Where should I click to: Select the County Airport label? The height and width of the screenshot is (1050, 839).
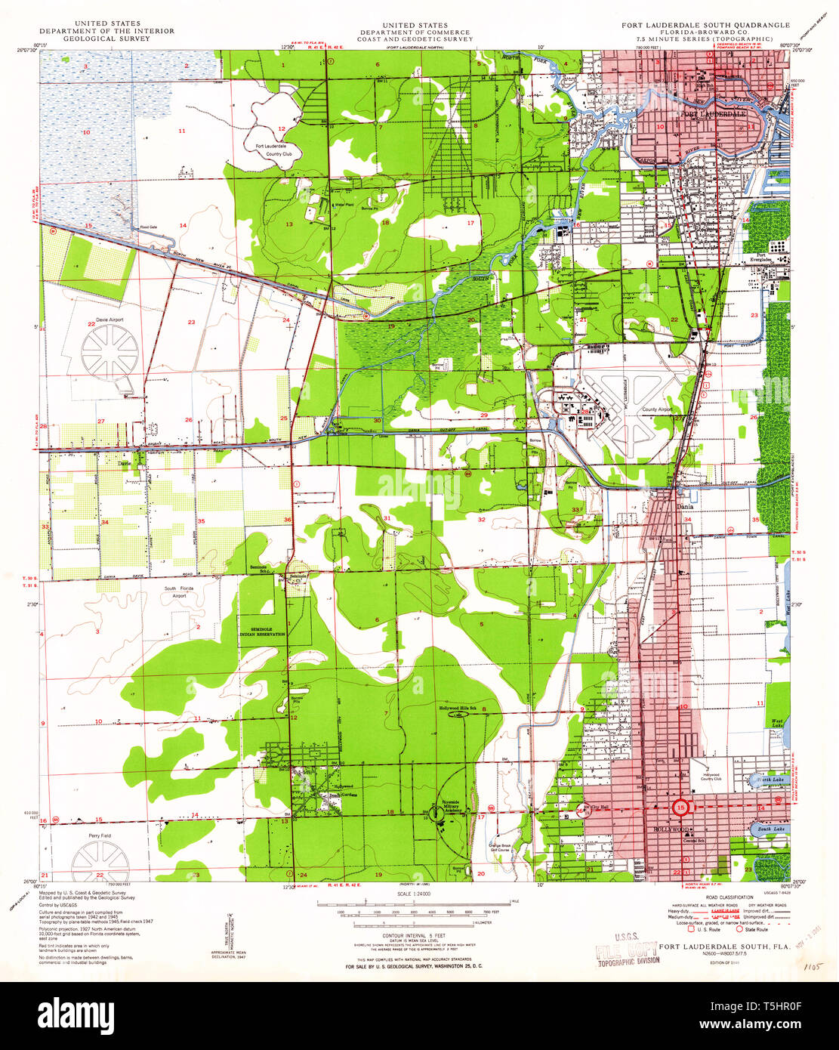point(656,409)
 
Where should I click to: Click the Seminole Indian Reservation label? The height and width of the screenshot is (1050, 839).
point(263,632)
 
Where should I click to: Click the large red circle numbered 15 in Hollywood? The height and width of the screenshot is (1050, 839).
point(683,808)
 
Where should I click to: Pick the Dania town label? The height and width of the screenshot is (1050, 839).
point(684,507)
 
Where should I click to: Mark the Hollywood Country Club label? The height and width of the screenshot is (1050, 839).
point(711,777)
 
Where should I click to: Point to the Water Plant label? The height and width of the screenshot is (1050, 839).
point(344,204)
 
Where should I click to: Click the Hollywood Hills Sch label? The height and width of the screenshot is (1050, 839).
point(458,708)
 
